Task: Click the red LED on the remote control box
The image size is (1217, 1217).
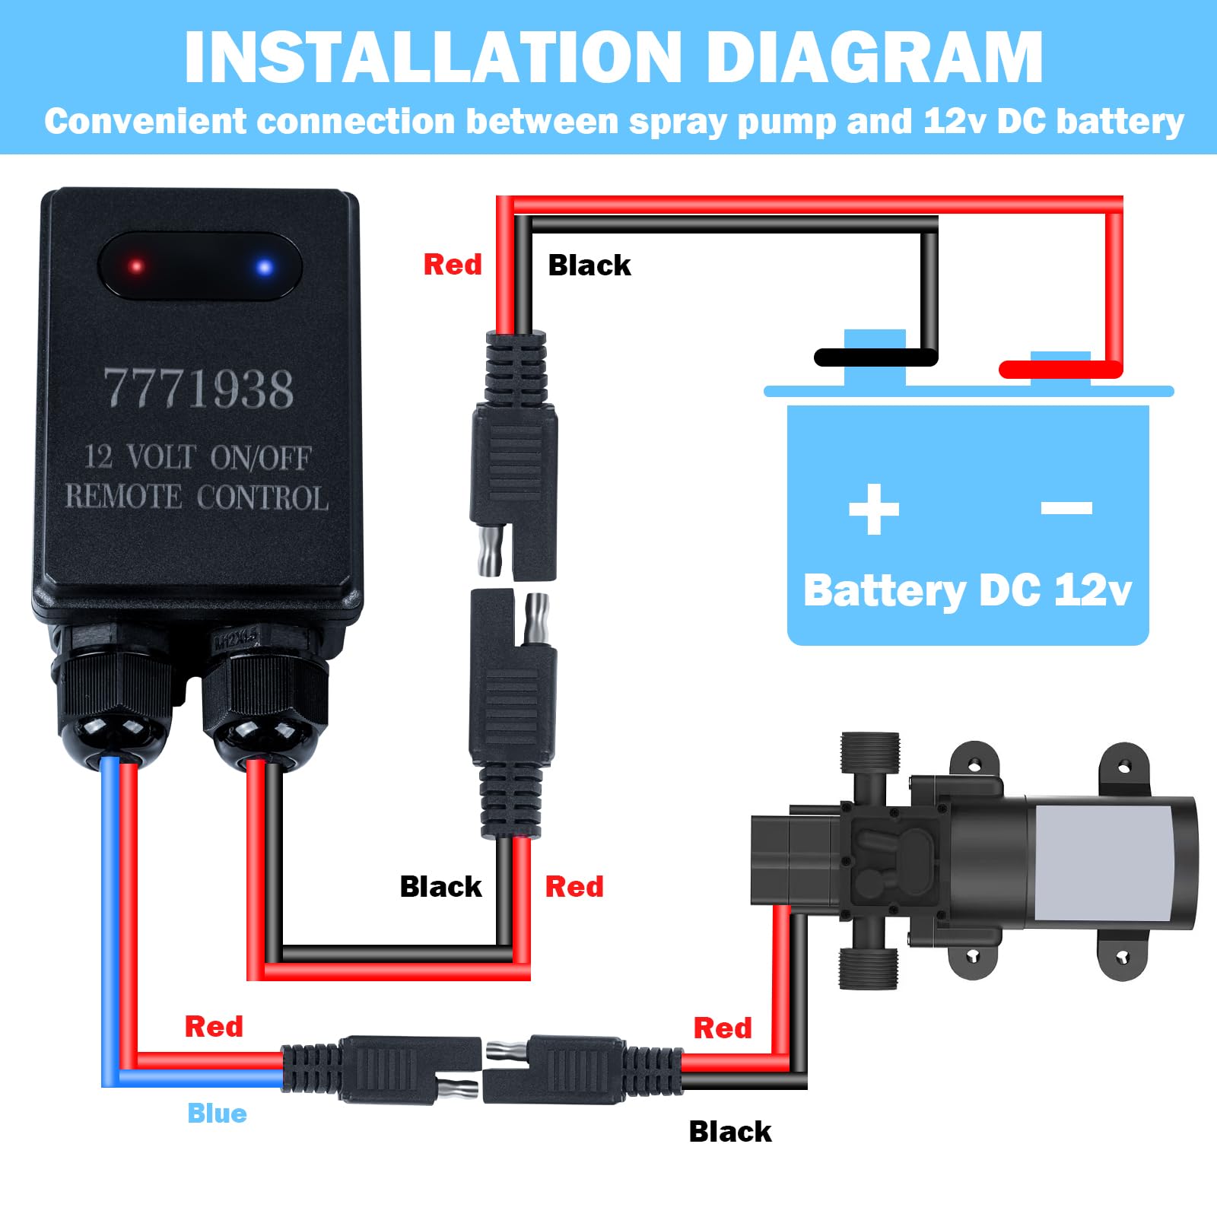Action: point(137,266)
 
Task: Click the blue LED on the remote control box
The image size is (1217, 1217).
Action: point(265,267)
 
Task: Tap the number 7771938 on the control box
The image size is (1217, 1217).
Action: point(199,389)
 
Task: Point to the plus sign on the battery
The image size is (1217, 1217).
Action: point(874,509)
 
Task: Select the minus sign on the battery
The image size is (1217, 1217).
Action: point(1066,507)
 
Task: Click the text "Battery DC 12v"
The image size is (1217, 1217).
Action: point(968,591)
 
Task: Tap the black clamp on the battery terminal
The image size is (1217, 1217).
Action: point(875,357)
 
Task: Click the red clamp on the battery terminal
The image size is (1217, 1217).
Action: point(1060,370)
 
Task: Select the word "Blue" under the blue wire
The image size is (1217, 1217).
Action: point(217,1114)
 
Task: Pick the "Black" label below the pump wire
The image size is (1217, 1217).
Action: point(729,1132)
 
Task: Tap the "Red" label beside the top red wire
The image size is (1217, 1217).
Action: point(453,265)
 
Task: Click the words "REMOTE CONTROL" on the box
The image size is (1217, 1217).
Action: point(196,497)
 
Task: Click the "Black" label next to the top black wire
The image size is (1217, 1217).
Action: point(589,265)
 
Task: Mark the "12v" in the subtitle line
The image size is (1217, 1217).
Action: point(955,122)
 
